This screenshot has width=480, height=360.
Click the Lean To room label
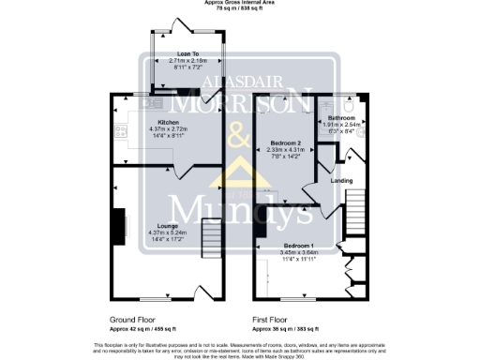click(184, 53)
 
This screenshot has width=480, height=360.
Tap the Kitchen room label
click(169, 122)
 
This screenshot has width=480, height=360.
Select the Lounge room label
click(169, 226)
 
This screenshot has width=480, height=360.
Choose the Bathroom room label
click(341, 117)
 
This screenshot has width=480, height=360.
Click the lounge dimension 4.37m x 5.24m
click(169, 232)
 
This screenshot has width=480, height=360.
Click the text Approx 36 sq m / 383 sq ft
click(286, 329)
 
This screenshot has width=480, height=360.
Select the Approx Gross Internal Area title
click(239, 3)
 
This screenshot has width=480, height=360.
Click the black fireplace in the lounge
click(118, 226)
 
